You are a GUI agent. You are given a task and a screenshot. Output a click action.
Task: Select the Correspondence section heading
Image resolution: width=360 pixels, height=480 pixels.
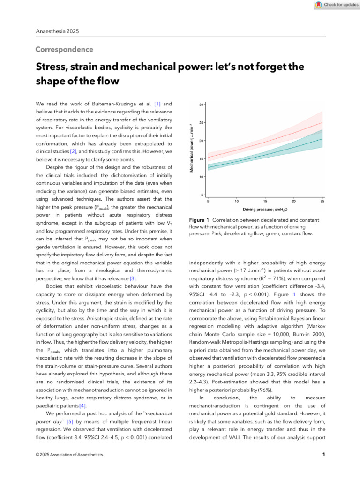coord(64,50)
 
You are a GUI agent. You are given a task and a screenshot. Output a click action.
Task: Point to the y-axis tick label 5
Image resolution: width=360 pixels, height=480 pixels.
coord(202,195)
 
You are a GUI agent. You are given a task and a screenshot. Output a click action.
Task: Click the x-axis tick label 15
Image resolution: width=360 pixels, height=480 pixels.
coord(265,201)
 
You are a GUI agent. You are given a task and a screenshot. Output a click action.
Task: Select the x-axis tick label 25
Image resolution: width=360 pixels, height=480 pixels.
coord(322,201)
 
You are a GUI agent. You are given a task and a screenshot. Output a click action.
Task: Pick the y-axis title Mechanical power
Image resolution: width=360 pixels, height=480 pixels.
coord(192,147)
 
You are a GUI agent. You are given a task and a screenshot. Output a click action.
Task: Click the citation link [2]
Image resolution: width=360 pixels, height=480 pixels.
coord(74,151)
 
